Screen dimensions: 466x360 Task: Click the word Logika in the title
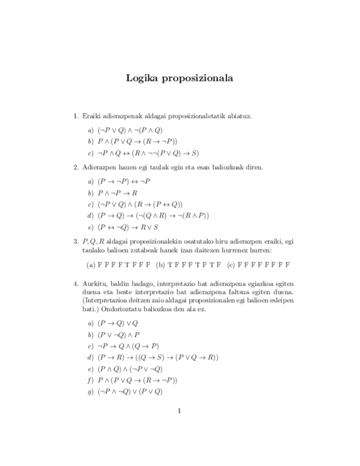pos(141,78)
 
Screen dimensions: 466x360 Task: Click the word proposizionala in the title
pos(196,79)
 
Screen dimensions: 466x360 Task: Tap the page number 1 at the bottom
pos(179,410)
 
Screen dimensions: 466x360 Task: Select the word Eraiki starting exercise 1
pos(91,116)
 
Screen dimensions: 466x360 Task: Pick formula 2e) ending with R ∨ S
pos(128,226)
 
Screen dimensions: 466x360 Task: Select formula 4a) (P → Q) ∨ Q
pos(118,323)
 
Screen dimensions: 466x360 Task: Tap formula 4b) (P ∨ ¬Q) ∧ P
pos(119,335)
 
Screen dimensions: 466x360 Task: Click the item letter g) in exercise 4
pos(90,392)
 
